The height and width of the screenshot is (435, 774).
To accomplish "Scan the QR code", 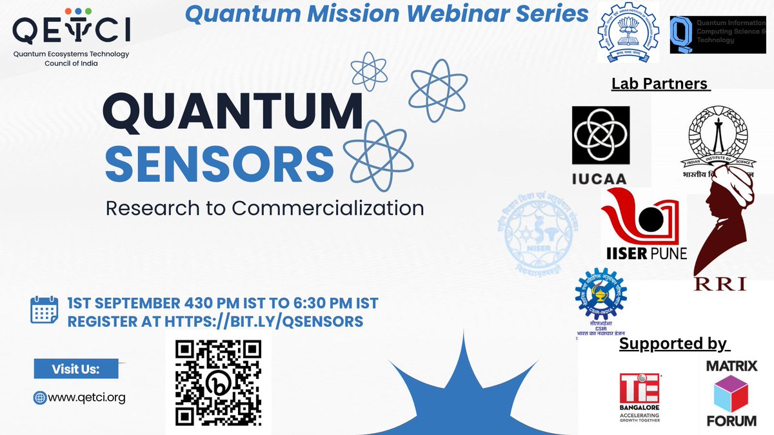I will pos(218,382).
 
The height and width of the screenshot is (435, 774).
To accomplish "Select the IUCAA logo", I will pos(601,144).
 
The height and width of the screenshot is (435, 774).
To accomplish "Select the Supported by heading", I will pos(673,343).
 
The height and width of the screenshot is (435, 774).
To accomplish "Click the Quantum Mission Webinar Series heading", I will pos(386,14).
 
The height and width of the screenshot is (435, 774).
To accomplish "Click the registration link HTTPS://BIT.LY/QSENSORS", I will pos(264,320).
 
